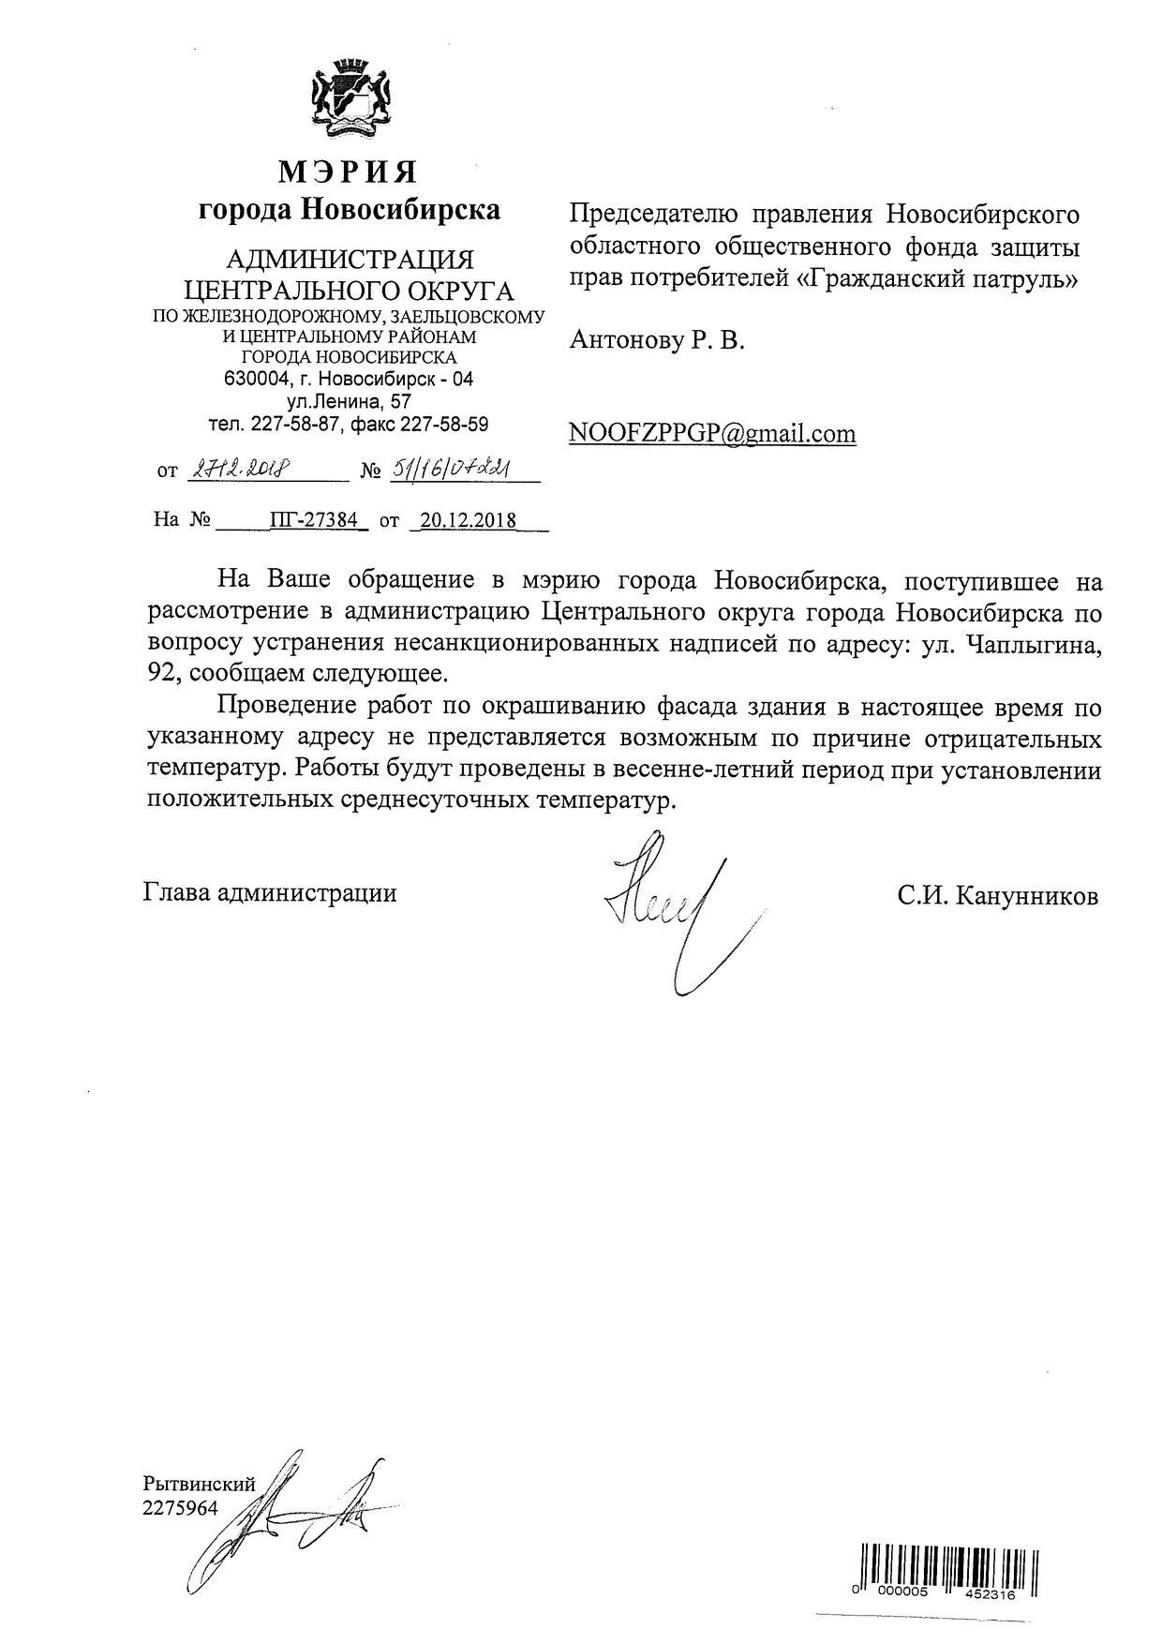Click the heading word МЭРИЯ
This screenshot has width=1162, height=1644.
[x=349, y=172]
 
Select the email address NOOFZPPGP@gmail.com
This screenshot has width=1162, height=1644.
[x=712, y=433]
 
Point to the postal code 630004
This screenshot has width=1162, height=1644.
[x=257, y=380]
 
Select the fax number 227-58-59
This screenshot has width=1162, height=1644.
[x=444, y=424]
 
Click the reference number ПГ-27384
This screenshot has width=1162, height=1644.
[x=313, y=519]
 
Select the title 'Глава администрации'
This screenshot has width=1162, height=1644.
[x=270, y=892]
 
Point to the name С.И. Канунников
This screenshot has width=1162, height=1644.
[x=996, y=896]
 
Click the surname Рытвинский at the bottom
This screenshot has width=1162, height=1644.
[x=199, y=1484]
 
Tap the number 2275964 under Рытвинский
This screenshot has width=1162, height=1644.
[x=179, y=1508]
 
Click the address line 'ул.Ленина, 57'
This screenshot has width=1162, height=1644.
[x=349, y=402]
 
